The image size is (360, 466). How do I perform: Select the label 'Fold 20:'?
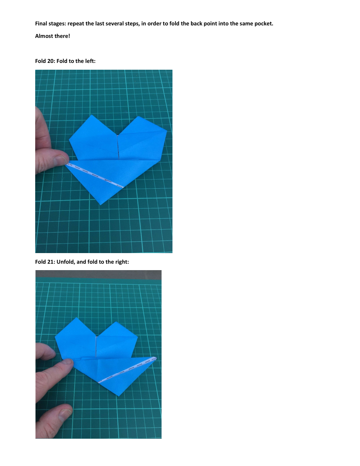click(45, 61)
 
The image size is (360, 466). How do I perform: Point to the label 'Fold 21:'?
click(45, 261)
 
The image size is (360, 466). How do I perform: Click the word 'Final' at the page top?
click(42, 23)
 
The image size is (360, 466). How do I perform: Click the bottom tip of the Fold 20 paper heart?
click(100, 205)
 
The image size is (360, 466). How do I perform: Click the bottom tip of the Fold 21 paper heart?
click(119, 396)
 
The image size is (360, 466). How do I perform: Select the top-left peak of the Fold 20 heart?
click(92, 115)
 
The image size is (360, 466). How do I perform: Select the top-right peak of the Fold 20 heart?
click(140, 117)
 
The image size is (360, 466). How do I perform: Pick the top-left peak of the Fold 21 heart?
click(78, 318)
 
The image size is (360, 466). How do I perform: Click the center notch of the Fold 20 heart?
click(118, 134)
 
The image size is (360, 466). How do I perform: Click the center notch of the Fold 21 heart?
click(97, 336)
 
